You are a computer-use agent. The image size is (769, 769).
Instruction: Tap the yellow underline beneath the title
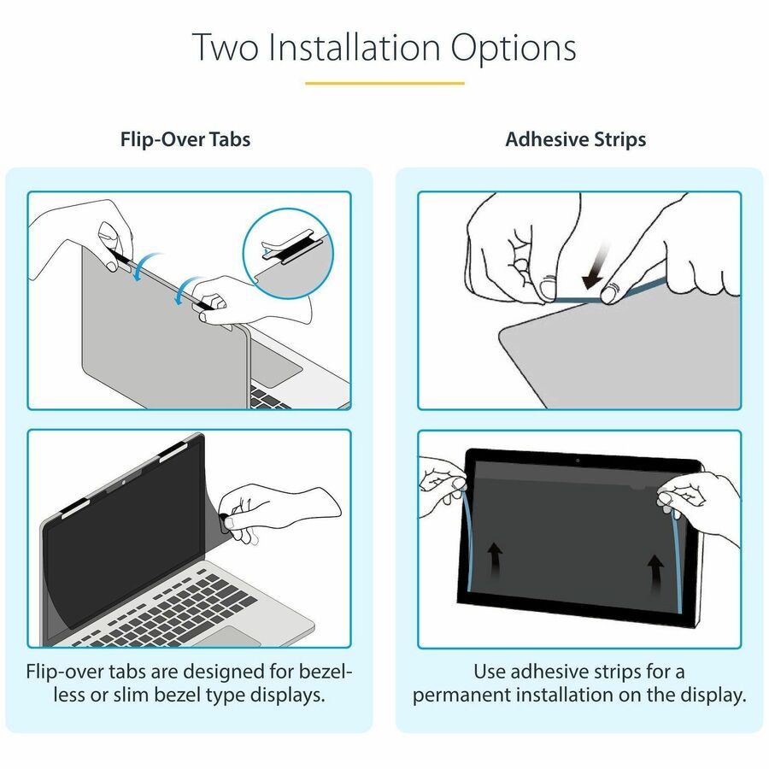click(384, 83)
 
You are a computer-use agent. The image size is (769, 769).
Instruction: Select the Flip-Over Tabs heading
click(185, 139)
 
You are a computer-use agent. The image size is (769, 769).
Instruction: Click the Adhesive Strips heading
click(576, 139)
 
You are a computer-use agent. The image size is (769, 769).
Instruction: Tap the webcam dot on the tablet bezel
click(578, 461)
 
